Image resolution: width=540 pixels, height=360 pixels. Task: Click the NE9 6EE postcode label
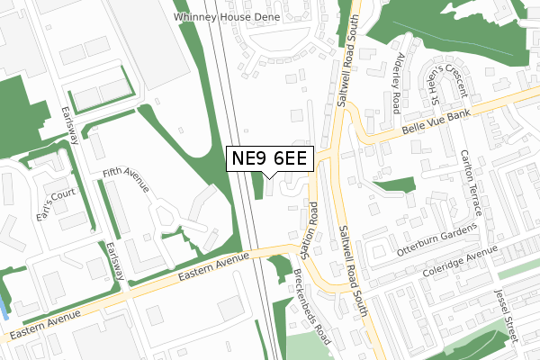[269, 159]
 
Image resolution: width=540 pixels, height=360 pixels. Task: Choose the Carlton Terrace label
[468, 181]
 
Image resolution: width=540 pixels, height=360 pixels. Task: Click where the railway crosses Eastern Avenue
[257, 254]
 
